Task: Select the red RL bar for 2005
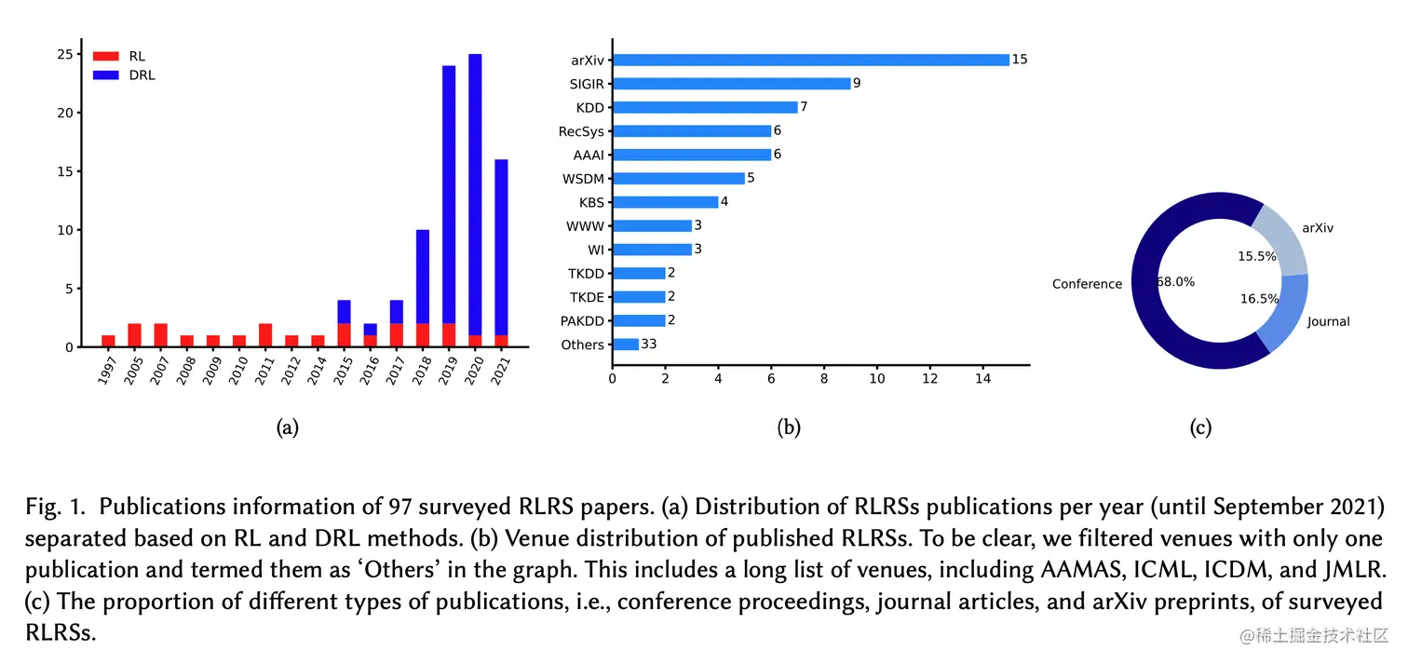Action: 135,334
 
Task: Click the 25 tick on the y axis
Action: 64,55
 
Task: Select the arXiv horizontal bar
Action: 810,60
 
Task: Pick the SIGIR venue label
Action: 587,84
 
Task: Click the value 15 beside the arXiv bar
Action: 1020,60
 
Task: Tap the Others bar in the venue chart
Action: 626,345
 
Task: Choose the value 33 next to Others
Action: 649,345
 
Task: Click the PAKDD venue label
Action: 582,321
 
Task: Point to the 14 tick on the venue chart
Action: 982,380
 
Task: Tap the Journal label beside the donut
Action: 1328,322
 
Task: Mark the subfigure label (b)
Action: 789,427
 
